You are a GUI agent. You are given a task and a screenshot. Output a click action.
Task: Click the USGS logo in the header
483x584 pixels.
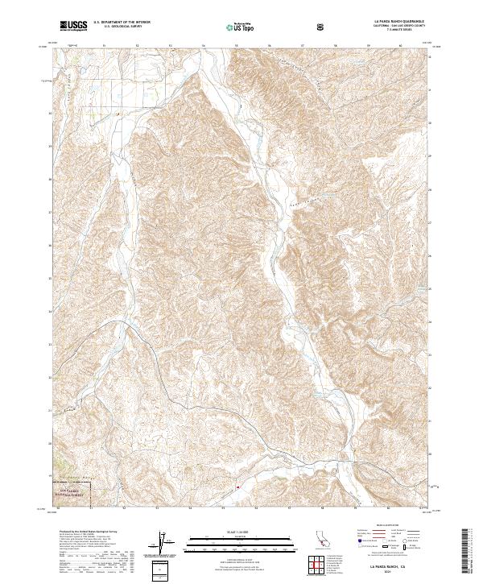click(73, 26)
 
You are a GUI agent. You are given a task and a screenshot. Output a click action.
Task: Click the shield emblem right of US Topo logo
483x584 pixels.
click(322, 26)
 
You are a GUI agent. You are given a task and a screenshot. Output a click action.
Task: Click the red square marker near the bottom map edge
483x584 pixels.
click(238, 487)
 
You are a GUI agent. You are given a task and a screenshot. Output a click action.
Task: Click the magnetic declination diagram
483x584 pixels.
click(163, 543)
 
